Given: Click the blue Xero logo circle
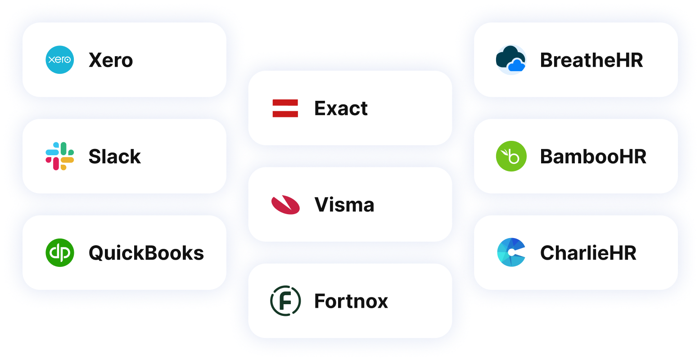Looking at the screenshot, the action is (x=60, y=60).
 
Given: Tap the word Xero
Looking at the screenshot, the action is (x=111, y=60).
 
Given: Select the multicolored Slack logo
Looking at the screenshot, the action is (x=60, y=156).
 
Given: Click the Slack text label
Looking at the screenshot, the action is (x=114, y=157).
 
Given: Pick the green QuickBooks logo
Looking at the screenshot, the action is (x=60, y=252).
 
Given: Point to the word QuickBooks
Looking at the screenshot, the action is (x=146, y=253).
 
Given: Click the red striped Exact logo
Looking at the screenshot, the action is (x=285, y=108).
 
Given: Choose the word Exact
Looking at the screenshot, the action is (x=341, y=108).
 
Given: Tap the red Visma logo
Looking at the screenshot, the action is (x=285, y=205).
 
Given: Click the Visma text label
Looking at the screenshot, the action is (x=344, y=205).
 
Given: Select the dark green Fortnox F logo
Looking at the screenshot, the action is (x=285, y=301).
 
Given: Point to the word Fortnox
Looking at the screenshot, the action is (x=351, y=301).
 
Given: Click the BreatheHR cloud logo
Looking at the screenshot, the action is (x=511, y=59).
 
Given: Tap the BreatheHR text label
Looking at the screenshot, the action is (x=592, y=60).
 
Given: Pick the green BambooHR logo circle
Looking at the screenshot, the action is (x=511, y=156).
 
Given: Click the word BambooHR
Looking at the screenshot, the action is (x=593, y=157).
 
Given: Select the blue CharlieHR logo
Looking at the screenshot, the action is (x=511, y=252).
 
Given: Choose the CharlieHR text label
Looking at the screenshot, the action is (x=588, y=253).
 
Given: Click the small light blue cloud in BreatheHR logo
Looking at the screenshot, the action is (x=516, y=66).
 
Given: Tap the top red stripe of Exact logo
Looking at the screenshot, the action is (x=285, y=103).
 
